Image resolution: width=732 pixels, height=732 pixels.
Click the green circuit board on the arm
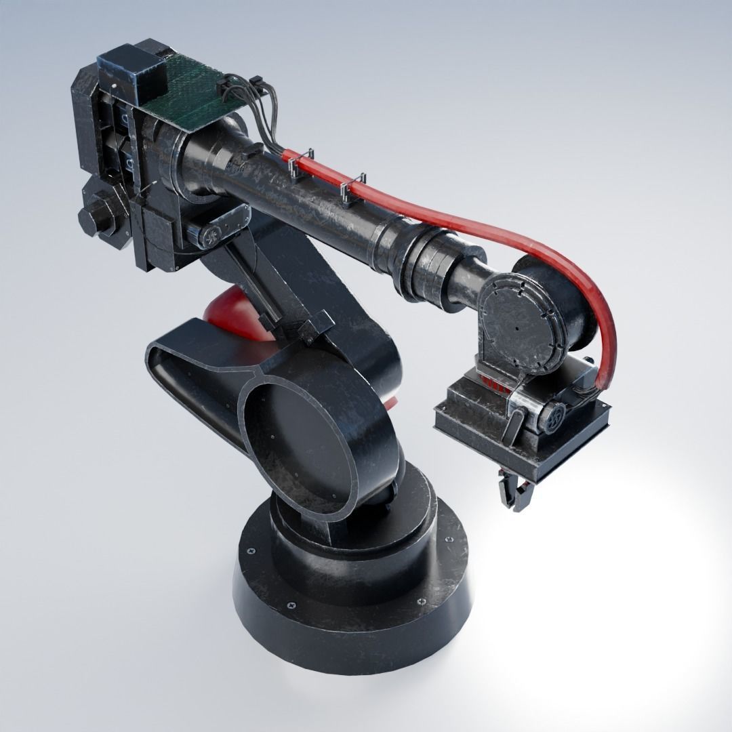pos(186,88)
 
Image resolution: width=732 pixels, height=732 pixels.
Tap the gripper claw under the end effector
pos(514,491)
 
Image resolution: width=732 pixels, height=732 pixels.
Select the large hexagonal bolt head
pos(99,215)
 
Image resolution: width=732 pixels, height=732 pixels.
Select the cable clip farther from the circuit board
pos(353,189)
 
